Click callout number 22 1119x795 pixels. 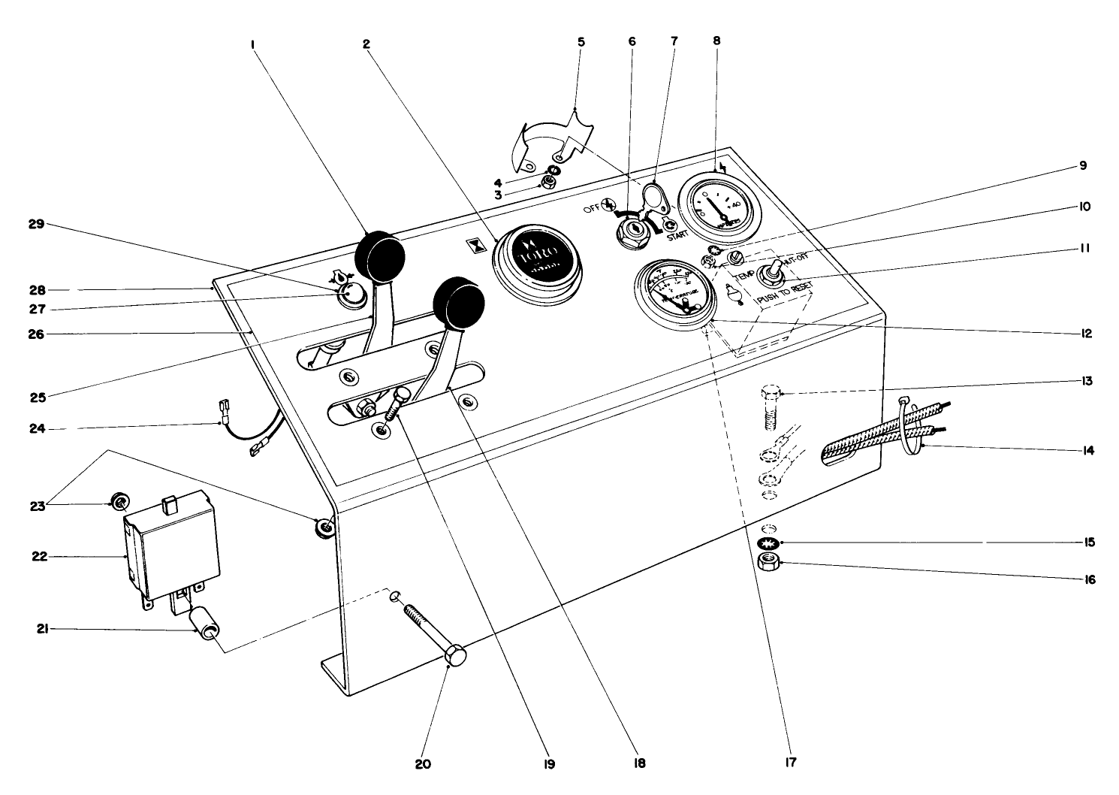point(39,557)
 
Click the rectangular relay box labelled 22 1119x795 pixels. point(171,545)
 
